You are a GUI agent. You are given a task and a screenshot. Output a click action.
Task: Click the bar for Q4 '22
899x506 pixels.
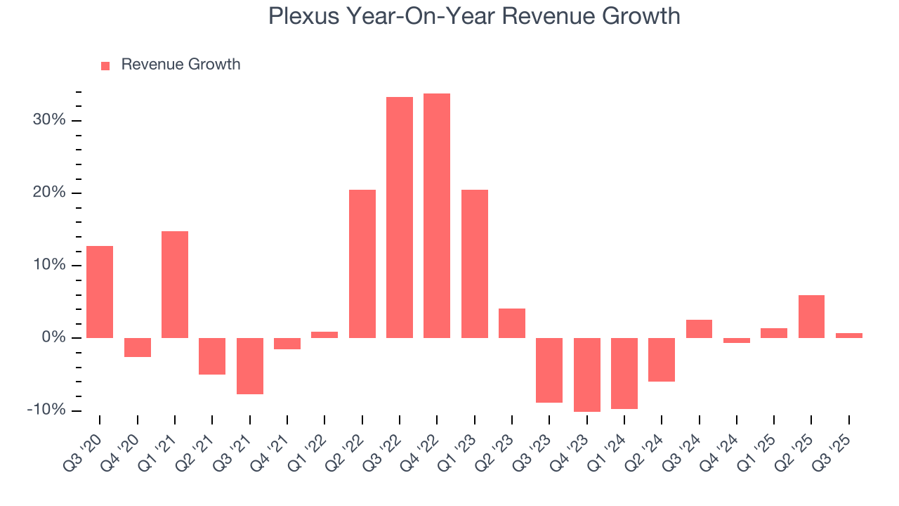point(437,215)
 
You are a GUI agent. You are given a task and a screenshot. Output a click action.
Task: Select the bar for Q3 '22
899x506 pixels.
point(400,217)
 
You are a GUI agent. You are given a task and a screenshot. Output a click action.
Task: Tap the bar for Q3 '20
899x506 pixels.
point(100,292)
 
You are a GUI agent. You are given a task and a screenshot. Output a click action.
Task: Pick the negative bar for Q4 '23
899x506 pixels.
point(587,375)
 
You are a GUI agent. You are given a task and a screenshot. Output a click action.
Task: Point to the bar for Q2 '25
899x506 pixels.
point(811,316)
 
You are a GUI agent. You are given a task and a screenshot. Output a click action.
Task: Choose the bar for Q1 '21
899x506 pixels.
point(175,285)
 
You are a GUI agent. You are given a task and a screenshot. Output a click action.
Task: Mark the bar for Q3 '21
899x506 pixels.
point(250,366)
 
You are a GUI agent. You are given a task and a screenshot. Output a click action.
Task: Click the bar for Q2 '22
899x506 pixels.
point(362,264)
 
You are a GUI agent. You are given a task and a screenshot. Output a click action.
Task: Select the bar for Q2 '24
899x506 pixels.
point(662,360)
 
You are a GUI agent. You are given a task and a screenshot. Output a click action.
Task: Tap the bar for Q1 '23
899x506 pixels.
point(475,264)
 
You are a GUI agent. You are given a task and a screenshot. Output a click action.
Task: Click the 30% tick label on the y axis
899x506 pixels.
point(49,120)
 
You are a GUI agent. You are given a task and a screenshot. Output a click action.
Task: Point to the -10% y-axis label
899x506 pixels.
point(46,410)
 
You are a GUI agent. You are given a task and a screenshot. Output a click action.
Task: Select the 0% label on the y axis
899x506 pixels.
point(53,337)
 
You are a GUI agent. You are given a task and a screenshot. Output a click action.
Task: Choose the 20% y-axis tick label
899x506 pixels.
point(49,193)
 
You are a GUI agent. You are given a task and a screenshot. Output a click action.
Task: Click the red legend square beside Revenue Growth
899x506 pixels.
point(105,65)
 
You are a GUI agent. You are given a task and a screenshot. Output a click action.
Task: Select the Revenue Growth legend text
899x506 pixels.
point(181,65)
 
